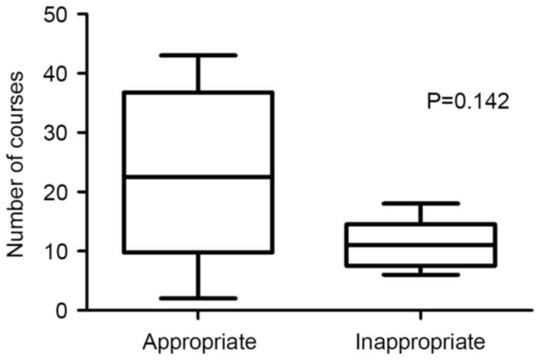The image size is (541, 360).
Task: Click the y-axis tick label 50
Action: [58, 14]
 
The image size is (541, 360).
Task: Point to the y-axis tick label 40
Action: [58, 74]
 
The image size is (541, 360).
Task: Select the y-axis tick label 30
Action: [58, 133]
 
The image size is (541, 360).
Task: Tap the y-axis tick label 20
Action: [58, 192]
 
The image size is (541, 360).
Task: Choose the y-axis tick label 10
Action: [58, 251]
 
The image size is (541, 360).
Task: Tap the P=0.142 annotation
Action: [467, 102]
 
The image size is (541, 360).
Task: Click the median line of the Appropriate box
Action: [198, 177]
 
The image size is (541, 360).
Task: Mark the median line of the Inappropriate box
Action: [421, 245]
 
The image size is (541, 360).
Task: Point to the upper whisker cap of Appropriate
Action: [198, 55]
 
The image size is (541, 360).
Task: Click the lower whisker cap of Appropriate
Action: [198, 298]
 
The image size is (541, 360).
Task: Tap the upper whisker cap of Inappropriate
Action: [421, 203]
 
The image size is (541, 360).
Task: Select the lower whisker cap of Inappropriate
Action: [421, 275]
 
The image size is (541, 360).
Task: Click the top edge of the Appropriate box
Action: [198, 93]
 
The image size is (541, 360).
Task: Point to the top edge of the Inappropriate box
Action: [421, 224]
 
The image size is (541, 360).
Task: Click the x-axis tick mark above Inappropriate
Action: [421, 315]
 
